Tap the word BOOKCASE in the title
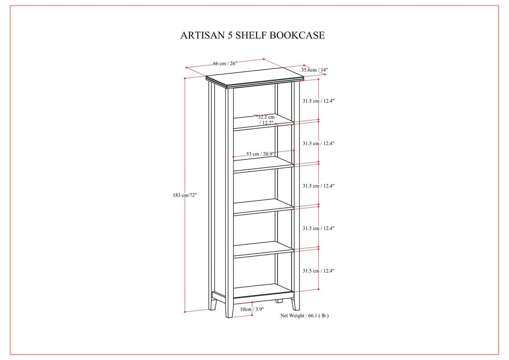coord(297,35)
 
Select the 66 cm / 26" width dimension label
coord(225,63)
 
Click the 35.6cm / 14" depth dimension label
coord(314,70)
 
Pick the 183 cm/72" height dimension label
coord(184,195)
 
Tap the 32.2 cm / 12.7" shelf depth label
coord(266,120)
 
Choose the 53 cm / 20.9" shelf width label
coord(260,154)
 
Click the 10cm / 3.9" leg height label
coord(252,309)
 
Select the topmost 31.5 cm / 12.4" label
coord(319,101)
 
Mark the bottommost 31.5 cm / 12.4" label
coord(319,271)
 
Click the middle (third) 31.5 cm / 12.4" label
coord(319,186)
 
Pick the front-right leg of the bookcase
coord(296,302)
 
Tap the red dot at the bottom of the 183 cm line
coord(185,312)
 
